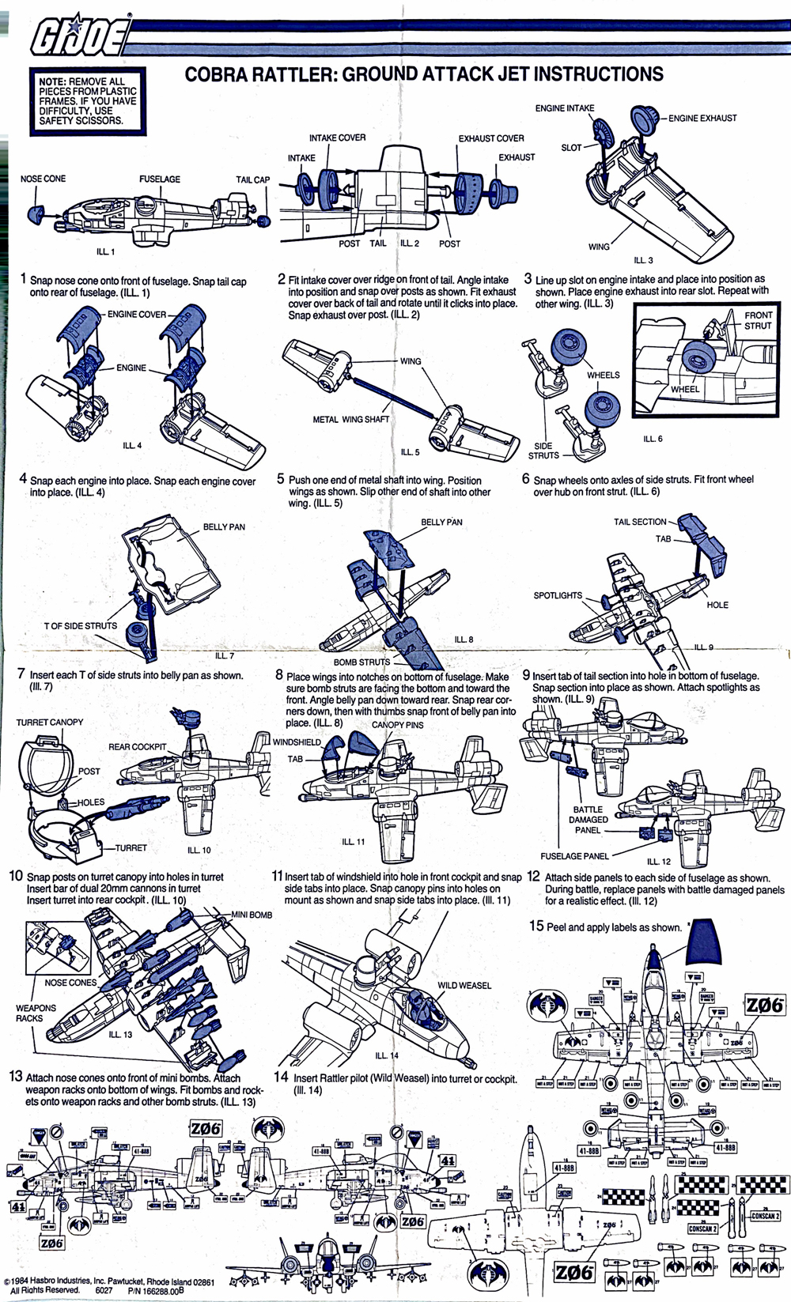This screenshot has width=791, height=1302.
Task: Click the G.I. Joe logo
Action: pos(79,36)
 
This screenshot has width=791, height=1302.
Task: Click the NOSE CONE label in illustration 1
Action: pos(43,179)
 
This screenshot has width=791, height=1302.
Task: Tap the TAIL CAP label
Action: pos(252,180)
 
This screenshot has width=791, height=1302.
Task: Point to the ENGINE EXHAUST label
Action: pos(702,119)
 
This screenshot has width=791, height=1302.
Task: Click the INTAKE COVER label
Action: pos(337,138)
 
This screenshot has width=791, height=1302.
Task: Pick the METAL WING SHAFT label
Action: pos(351,420)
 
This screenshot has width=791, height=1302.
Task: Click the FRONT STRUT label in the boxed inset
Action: pos(758,320)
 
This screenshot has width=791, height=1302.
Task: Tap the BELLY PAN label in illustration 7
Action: pos(224,527)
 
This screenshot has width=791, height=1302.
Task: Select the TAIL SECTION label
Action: pos(640,522)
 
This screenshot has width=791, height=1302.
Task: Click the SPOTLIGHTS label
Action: pos(558,596)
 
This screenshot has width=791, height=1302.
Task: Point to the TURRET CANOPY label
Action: pos(49,723)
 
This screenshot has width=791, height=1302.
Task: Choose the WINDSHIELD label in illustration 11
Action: pos(297,742)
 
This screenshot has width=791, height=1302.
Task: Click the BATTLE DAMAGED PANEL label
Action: pos(589,820)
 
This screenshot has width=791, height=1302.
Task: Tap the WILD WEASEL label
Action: pos(464,986)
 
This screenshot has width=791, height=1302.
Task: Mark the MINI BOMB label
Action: pos(252,915)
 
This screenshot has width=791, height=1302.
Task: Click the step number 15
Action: pos(536,926)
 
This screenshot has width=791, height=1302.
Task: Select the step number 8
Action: pos(279,676)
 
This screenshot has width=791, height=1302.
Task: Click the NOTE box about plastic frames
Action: pos(88,101)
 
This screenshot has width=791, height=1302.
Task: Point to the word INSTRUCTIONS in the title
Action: pos(598,75)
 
